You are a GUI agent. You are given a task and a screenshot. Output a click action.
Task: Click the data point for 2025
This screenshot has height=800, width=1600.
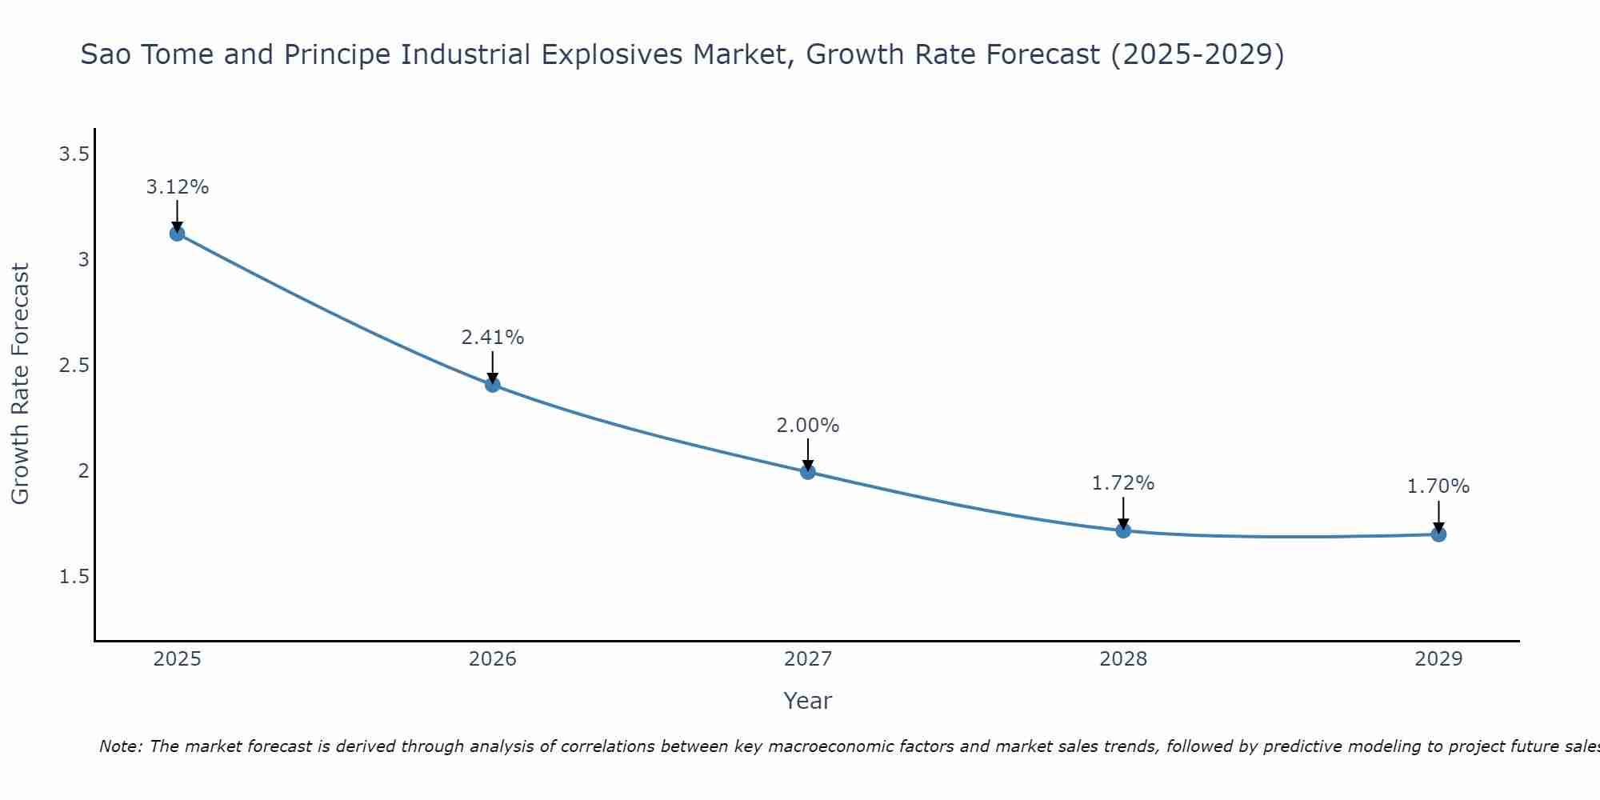(x=177, y=234)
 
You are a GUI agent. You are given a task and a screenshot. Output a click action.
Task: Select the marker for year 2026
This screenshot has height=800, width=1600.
(x=493, y=385)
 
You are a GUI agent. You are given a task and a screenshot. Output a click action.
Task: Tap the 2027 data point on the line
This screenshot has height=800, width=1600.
(x=808, y=472)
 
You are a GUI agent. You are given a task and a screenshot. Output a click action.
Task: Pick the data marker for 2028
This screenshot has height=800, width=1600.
(x=1123, y=530)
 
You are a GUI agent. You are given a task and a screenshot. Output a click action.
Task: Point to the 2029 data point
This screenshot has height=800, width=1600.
(x=1438, y=534)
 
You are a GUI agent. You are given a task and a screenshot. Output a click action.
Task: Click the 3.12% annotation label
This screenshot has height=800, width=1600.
(x=177, y=187)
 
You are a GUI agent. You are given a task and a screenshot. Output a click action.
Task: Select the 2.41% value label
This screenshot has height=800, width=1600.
(x=493, y=338)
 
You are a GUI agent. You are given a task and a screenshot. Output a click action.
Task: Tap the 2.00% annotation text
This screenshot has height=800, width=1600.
(x=808, y=426)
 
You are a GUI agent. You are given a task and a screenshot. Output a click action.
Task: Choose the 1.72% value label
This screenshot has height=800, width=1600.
(x=1123, y=483)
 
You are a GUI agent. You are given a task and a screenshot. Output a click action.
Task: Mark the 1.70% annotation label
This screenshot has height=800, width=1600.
(x=1438, y=486)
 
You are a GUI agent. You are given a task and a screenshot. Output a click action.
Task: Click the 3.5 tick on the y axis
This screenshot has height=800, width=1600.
(x=74, y=154)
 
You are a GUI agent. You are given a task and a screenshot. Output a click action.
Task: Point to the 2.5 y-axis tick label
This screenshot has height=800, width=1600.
(x=74, y=366)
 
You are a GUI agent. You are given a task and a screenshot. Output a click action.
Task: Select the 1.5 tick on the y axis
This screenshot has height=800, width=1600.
(x=74, y=577)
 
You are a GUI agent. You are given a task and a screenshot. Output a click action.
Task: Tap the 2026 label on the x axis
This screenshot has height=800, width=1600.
(x=493, y=659)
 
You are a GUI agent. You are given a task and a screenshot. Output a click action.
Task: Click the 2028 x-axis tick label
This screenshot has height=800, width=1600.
(x=1123, y=659)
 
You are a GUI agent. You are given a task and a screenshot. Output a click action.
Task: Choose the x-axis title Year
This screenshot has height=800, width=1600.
(x=808, y=701)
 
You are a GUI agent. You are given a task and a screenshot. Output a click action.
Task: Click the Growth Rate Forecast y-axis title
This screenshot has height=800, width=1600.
(x=21, y=384)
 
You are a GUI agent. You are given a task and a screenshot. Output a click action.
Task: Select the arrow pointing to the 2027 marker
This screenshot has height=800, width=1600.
(x=808, y=454)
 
